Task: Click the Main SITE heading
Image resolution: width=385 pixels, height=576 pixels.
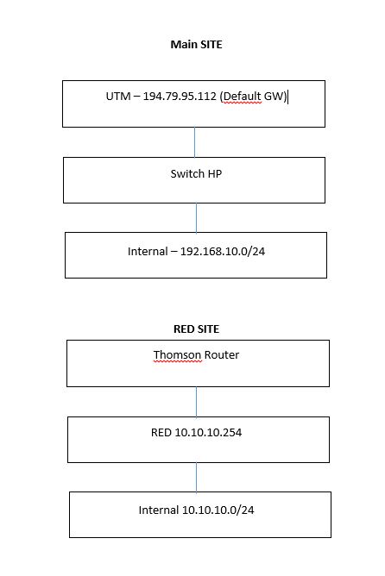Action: point(196,45)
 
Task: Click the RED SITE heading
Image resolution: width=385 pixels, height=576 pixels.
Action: point(196,329)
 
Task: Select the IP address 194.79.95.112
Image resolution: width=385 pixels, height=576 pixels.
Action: point(180,97)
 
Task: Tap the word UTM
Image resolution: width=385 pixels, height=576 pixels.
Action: point(118,97)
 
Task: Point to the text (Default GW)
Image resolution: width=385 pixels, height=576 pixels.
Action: point(253,97)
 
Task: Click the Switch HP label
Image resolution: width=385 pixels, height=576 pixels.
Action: point(196,174)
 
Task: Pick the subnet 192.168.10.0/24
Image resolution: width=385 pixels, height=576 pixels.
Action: point(223,251)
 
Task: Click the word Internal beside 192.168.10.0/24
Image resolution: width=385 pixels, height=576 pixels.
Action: point(148,251)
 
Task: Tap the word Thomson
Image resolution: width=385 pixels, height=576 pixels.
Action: point(178,355)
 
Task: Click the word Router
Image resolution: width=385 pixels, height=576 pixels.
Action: point(222,355)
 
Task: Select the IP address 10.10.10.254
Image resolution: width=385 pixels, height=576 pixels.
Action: point(208,432)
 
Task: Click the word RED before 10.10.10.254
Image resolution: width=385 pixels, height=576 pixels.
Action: point(161,432)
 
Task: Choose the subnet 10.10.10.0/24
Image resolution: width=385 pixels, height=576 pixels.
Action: point(218,510)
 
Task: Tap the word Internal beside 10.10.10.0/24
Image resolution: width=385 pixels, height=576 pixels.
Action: point(159,510)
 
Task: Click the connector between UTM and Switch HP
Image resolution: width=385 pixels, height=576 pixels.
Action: point(194,142)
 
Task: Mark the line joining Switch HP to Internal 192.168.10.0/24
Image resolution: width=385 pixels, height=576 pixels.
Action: point(196,217)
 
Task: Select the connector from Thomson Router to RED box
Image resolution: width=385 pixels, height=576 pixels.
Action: point(196,402)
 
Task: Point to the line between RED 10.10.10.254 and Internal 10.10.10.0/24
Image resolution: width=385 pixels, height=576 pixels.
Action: point(196,477)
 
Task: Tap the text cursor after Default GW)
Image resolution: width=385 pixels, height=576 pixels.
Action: point(288,97)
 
